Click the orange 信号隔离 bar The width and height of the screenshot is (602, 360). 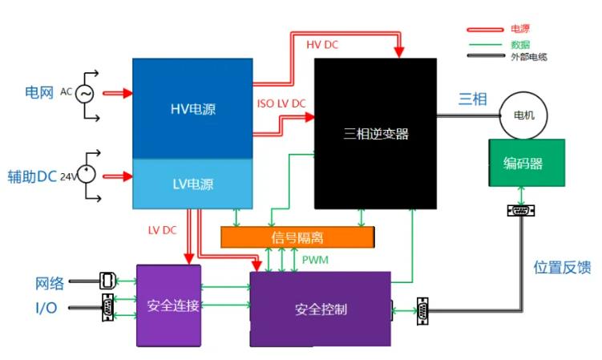tap(297, 237)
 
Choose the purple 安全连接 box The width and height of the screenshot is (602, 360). tap(168, 305)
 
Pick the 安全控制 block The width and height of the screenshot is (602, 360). tap(320, 309)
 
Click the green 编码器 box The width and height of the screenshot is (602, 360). tap(526, 164)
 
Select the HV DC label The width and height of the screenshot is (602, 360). tap(323, 45)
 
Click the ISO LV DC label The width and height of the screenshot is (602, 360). tap(280, 103)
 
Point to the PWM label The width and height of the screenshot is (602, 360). tap(315, 261)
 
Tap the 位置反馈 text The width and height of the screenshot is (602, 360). tap(562, 268)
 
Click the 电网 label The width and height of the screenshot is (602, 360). tap(38, 93)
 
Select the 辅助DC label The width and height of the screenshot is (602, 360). tap(32, 176)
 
